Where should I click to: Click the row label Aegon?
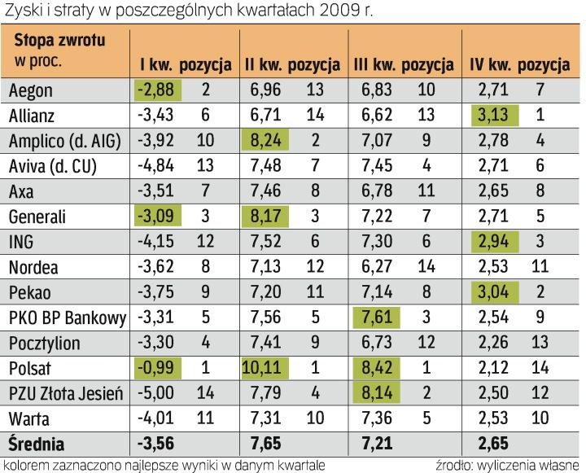tap(29, 90)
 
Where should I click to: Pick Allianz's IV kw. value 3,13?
tap(492, 115)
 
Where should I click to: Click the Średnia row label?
tap(37, 445)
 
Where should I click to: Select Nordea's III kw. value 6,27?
tap(375, 265)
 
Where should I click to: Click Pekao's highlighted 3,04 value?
tap(492, 291)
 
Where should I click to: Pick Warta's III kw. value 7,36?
tap(375, 419)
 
